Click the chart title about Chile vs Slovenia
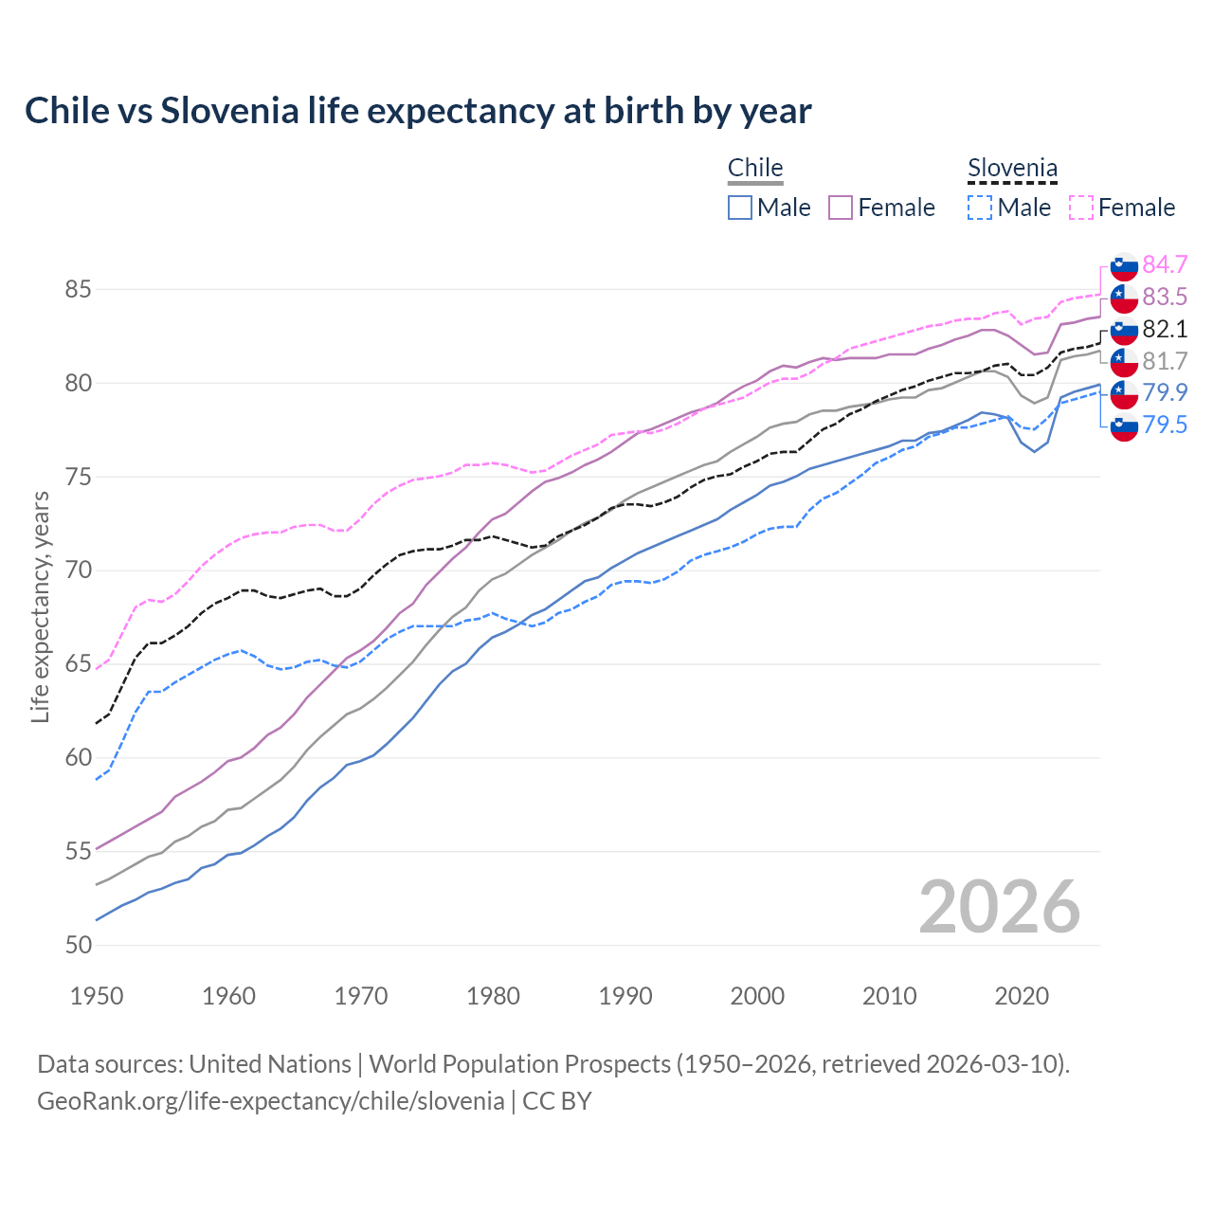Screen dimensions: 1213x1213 (x=418, y=111)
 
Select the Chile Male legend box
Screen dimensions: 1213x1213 (x=740, y=208)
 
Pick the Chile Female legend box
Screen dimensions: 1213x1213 (x=841, y=208)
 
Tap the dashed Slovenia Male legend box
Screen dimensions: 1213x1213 (x=980, y=208)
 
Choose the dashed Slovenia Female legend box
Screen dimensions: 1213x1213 (x=1081, y=208)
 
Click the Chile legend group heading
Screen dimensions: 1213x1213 (x=755, y=168)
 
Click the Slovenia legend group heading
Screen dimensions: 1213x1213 (x=1012, y=169)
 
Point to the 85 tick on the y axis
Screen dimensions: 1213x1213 (x=78, y=290)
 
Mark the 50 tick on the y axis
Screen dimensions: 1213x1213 (x=78, y=946)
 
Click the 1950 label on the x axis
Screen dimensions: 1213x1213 (x=97, y=996)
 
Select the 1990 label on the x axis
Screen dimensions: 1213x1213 (x=625, y=996)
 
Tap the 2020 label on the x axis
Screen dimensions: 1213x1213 (x=1022, y=996)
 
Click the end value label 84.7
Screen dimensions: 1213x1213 (x=1165, y=264)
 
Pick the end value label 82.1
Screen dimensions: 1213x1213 (x=1165, y=329)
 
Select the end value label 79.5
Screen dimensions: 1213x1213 (x=1165, y=425)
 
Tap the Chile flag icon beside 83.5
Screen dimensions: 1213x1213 (x=1124, y=298)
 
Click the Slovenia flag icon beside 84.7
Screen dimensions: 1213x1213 (x=1124, y=265)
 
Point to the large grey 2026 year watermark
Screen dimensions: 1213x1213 (x=1000, y=907)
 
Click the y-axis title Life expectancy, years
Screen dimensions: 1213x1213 (x=41, y=606)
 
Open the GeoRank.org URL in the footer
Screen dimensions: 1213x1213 (x=270, y=1101)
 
